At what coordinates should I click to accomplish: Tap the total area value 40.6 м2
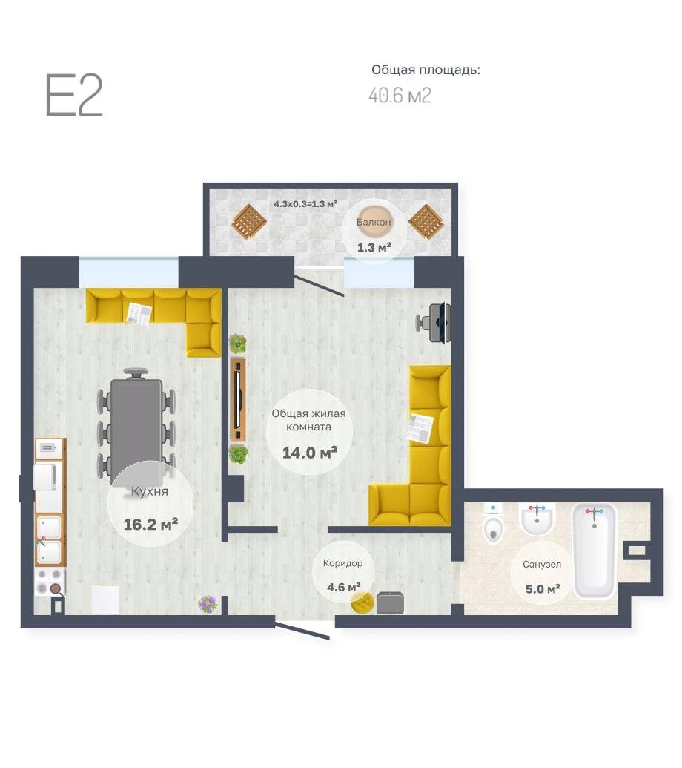[400, 95]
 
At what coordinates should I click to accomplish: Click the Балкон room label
[374, 222]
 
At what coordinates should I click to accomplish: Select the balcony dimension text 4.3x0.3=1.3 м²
[305, 204]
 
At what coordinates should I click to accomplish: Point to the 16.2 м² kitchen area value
[150, 525]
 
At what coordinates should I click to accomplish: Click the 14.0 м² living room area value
[310, 453]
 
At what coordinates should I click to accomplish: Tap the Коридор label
[342, 563]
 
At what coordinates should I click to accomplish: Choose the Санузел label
[542, 564]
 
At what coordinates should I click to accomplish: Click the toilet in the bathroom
[493, 525]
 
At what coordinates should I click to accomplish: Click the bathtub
[595, 551]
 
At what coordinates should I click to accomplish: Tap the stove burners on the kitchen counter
[50, 582]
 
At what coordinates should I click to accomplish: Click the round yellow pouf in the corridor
[362, 603]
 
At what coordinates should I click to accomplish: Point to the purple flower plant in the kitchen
[208, 604]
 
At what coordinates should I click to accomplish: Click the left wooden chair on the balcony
[249, 221]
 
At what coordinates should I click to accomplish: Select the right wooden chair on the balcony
[426, 221]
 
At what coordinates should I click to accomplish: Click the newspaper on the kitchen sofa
[139, 313]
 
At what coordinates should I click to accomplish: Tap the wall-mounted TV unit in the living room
[238, 400]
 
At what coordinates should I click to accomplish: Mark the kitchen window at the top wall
[129, 272]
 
